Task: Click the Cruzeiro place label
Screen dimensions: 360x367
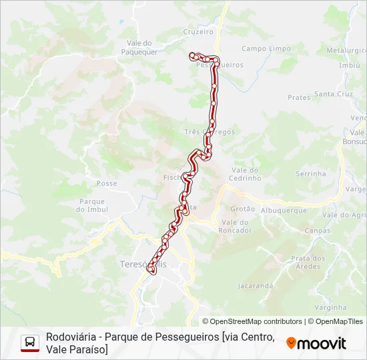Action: click(198, 31)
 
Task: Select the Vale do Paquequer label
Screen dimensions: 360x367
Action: click(139, 48)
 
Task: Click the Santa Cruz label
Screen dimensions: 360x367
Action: click(334, 94)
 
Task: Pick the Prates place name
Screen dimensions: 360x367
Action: click(299, 97)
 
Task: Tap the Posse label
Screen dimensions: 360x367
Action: click(107, 183)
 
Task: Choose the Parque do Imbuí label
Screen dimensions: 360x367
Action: click(93, 205)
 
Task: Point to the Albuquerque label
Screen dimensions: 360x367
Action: click(284, 210)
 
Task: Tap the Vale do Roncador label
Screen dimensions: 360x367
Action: click(236, 226)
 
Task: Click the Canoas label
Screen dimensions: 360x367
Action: click(317, 231)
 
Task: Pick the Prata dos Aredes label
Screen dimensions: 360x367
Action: click(308, 262)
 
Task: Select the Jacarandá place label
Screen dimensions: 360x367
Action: click(256, 286)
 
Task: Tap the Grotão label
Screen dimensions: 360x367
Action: click(242, 209)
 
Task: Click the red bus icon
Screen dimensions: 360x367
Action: click(30, 343)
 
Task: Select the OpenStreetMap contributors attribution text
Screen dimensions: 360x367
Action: click(252, 321)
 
